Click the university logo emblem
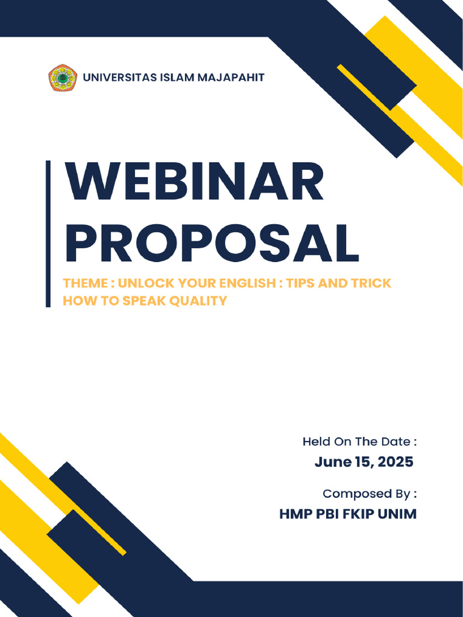tap(63, 78)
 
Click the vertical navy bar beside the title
tap(48, 234)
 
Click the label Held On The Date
tap(359, 442)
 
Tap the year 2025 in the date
tap(395, 462)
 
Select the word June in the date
tap(332, 462)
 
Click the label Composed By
tap(369, 494)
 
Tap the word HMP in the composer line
tap(294, 515)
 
